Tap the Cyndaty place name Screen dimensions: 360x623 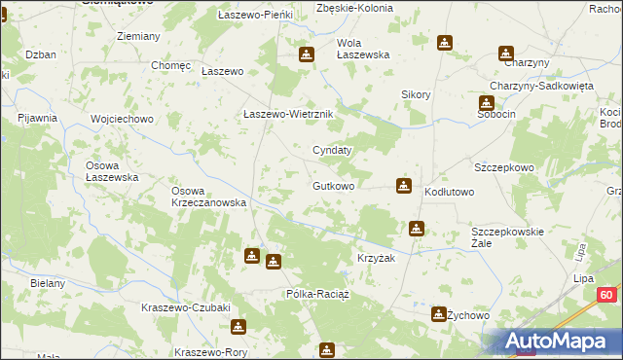click(x=331, y=150)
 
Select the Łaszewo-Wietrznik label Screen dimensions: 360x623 click(x=288, y=114)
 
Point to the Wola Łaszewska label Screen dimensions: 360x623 click(x=363, y=49)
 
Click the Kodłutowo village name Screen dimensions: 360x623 click(x=449, y=192)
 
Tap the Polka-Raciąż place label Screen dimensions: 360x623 click(x=316, y=293)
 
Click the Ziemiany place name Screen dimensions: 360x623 click(x=138, y=36)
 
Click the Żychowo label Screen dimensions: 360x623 click(x=472, y=316)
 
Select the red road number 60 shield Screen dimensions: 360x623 click(x=606, y=295)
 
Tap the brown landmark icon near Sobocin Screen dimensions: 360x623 click(x=486, y=102)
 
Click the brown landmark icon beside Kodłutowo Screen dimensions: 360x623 click(x=404, y=185)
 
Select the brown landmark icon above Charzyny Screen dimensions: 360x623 click(x=505, y=53)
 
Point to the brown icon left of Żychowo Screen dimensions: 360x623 click(x=438, y=313)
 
